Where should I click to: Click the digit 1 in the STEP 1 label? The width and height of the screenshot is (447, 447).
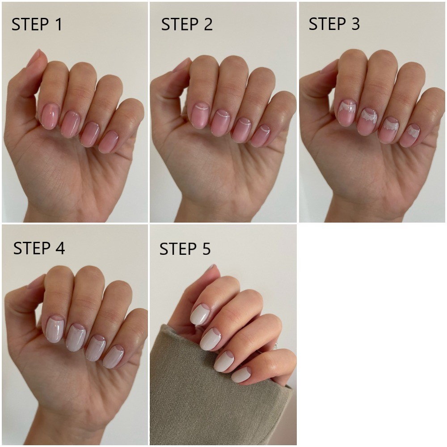[59, 24]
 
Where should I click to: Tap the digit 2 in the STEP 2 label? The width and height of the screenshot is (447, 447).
[208, 24]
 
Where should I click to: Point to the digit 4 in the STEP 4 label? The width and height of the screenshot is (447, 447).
[60, 248]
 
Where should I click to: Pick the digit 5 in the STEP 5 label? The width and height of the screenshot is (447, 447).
[206, 249]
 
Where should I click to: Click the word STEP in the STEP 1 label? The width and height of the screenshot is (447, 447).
[30, 24]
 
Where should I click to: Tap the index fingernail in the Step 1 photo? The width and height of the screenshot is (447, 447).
[50, 116]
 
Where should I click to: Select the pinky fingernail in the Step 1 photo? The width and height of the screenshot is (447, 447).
[109, 142]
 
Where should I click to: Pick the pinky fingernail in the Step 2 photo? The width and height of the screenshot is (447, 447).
[261, 136]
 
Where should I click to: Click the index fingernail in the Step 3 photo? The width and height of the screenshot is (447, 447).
[347, 113]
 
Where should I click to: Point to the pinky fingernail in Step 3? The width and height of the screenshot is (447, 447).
[410, 136]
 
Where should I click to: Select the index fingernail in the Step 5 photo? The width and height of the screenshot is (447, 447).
[200, 314]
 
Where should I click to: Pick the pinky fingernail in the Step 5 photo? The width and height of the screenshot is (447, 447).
[241, 375]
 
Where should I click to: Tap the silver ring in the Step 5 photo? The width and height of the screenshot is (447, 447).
[275, 346]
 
